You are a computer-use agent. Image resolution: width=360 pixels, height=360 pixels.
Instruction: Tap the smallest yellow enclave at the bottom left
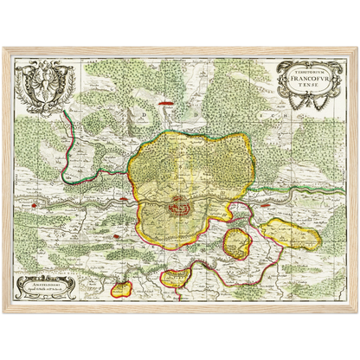point(124,284)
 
